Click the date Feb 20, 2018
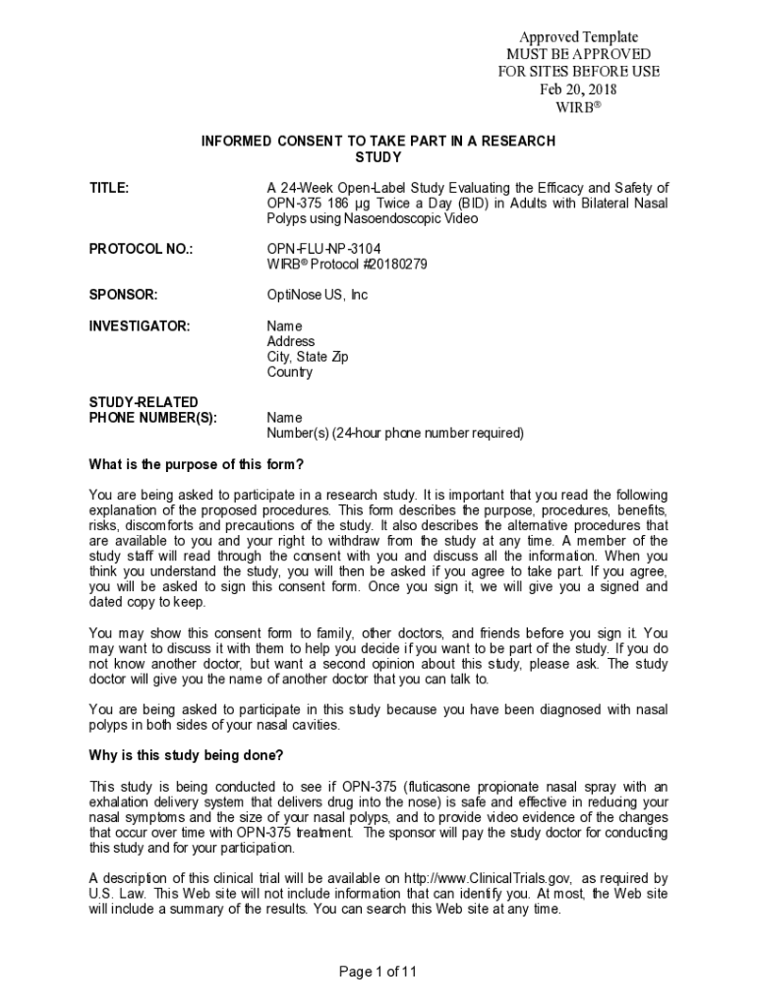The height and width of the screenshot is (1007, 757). coord(578,89)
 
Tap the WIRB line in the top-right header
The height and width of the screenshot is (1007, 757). coord(578,107)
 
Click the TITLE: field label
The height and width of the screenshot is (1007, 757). coord(109,188)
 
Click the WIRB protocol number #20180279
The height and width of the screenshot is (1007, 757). coord(384,265)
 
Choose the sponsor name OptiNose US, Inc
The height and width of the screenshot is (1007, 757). coord(317,295)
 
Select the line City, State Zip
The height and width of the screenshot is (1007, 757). coord(307,357)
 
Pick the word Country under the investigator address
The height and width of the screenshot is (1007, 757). coord(290,373)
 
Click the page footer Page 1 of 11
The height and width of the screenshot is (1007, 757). coord(378,973)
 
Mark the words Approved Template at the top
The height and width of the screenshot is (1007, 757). coord(578,37)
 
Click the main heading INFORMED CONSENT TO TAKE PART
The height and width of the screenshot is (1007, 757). coord(378,142)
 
